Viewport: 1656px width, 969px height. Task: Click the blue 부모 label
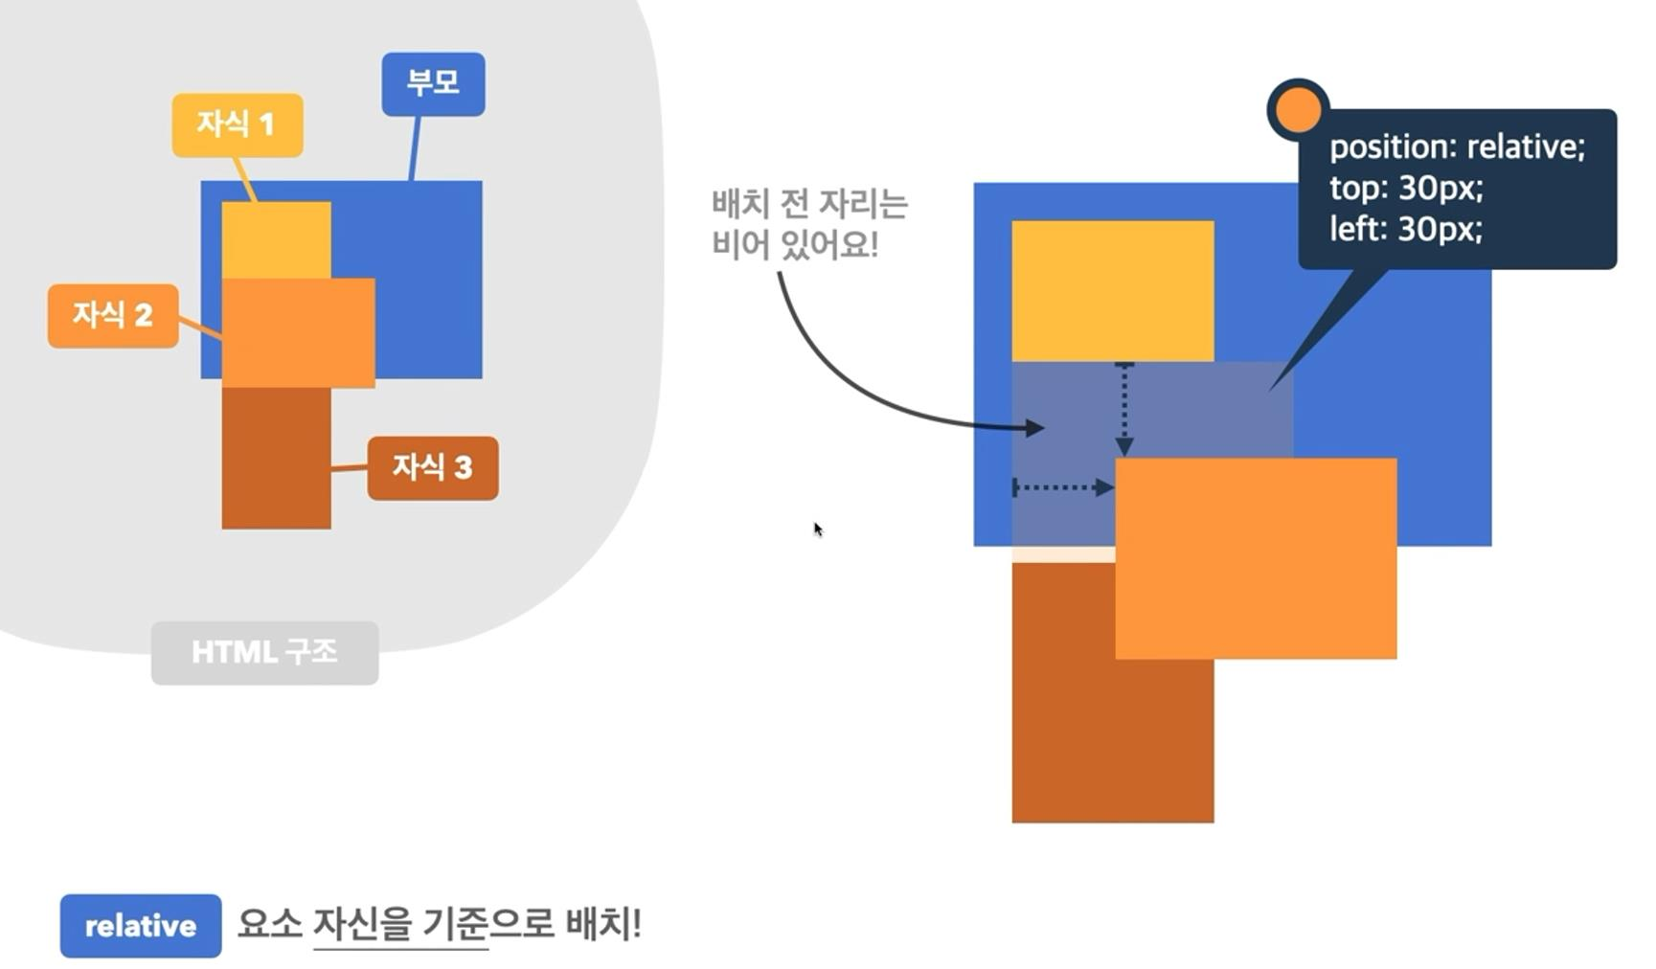click(x=433, y=83)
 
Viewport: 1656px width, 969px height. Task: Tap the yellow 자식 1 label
click(x=238, y=124)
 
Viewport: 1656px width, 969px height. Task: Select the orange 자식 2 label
click(x=113, y=315)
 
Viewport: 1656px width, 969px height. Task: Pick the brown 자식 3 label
click(x=433, y=467)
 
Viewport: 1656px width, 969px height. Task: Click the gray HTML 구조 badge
click(x=264, y=653)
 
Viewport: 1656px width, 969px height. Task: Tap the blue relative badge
click(x=141, y=926)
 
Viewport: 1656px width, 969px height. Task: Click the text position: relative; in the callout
click(x=1457, y=146)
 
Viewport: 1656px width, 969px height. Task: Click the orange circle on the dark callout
click(x=1298, y=109)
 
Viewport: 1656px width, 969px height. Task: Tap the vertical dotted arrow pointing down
click(x=1124, y=409)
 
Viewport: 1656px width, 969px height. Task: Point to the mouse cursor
click(x=817, y=529)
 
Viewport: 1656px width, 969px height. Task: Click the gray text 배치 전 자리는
click(x=809, y=204)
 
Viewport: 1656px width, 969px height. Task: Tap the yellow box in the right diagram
click(x=1113, y=291)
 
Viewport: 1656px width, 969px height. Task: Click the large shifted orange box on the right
click(x=1256, y=558)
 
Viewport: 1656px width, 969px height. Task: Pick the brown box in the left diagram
click(x=276, y=458)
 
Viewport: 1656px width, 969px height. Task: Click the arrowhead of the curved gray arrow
click(x=1035, y=428)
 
